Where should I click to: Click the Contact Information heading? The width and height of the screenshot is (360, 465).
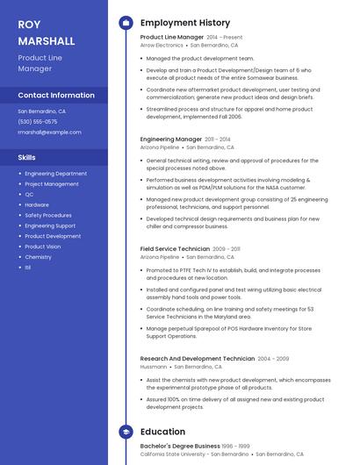coord(56,95)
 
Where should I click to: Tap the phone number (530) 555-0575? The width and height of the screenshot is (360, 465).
coord(38,122)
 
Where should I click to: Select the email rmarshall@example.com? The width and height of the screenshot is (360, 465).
coord(49,132)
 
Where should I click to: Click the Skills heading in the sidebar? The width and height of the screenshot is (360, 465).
coord(27,157)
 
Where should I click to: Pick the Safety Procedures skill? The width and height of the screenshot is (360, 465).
coord(48,215)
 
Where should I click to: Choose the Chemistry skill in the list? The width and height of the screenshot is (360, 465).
coord(38,257)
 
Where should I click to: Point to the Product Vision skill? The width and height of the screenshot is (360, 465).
coord(43,247)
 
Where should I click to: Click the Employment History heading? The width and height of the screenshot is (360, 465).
coord(185,23)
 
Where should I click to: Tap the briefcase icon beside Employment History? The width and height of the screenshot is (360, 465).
coord(126,23)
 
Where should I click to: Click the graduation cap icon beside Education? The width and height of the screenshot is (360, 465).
coord(126,432)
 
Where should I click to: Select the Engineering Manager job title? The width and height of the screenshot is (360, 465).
coord(171,139)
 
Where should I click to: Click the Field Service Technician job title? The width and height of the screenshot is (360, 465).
coord(175,249)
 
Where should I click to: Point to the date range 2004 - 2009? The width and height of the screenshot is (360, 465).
coord(273,359)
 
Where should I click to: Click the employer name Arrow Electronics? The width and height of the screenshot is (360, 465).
coord(162,45)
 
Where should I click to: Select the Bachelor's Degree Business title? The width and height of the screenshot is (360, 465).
coord(180,446)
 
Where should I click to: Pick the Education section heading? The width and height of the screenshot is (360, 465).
coord(162,432)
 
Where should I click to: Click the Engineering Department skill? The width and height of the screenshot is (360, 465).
coord(55,174)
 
